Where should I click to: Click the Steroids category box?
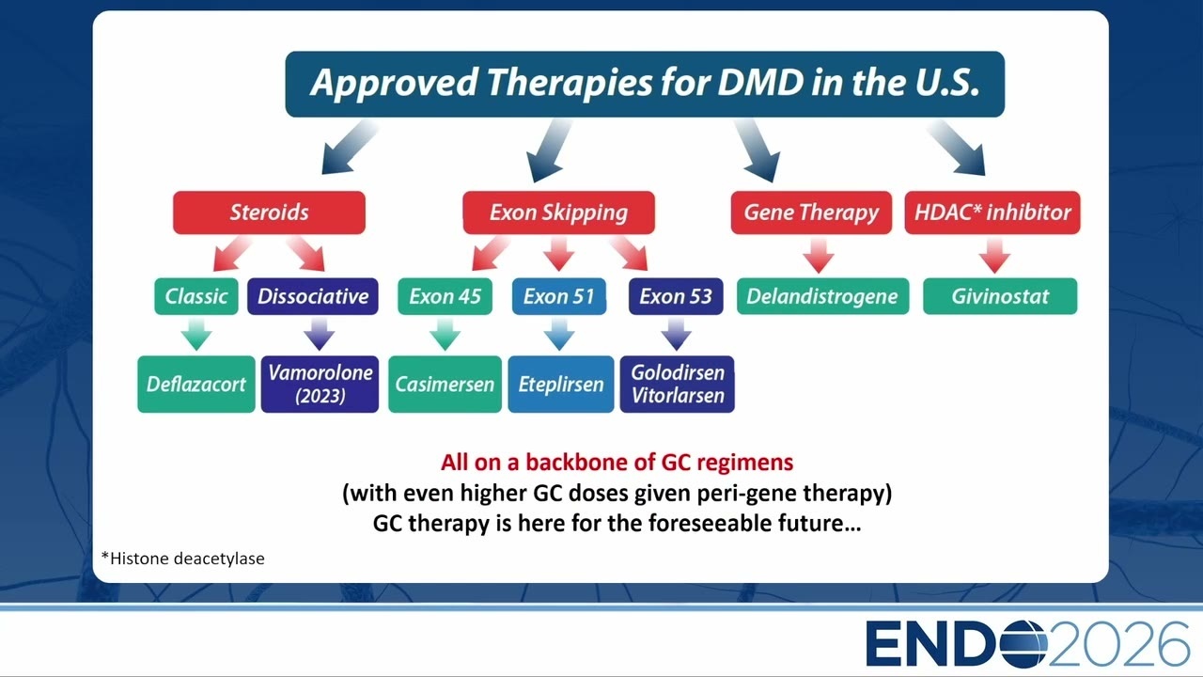coord(269,213)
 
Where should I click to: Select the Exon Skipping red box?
coord(558,213)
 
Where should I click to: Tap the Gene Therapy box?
coord(811,213)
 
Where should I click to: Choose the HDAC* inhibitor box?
coord(992,213)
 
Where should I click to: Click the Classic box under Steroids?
coord(196,296)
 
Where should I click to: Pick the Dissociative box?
coord(313,296)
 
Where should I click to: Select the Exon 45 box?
coord(445,296)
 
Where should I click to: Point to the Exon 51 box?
coord(559,296)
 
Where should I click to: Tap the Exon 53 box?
coord(676,296)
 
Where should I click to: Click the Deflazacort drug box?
coord(196,385)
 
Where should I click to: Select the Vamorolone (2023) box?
coord(320,385)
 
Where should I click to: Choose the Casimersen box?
coord(445,385)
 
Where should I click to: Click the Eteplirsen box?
coord(561,385)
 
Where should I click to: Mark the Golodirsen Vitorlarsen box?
coord(678,385)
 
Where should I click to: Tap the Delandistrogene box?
coord(822,296)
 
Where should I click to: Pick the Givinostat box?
coord(1000,296)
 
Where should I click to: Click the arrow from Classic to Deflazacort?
coord(196,334)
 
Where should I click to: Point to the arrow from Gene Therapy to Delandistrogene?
coord(819,256)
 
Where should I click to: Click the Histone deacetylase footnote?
coord(183,559)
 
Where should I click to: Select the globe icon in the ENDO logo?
coord(1023,644)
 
